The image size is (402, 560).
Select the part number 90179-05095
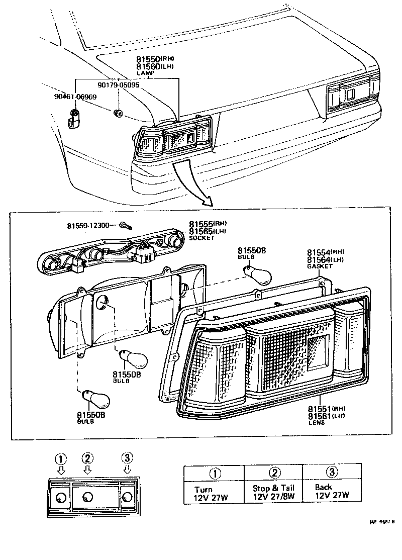(x=119, y=85)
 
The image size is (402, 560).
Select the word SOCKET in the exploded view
(x=202, y=238)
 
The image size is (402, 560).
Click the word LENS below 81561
(x=317, y=423)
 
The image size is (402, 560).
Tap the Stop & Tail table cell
(x=273, y=492)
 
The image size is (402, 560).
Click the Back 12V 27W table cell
(x=331, y=491)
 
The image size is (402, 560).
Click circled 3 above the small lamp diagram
(x=127, y=457)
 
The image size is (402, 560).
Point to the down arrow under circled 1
(x=61, y=470)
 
